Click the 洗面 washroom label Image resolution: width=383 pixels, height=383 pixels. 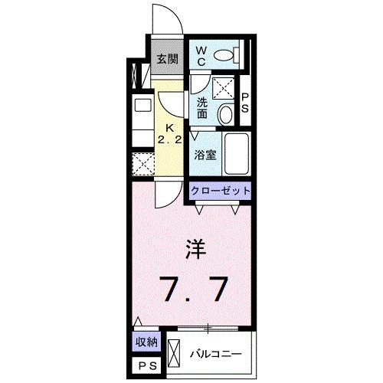tap(201, 108)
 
